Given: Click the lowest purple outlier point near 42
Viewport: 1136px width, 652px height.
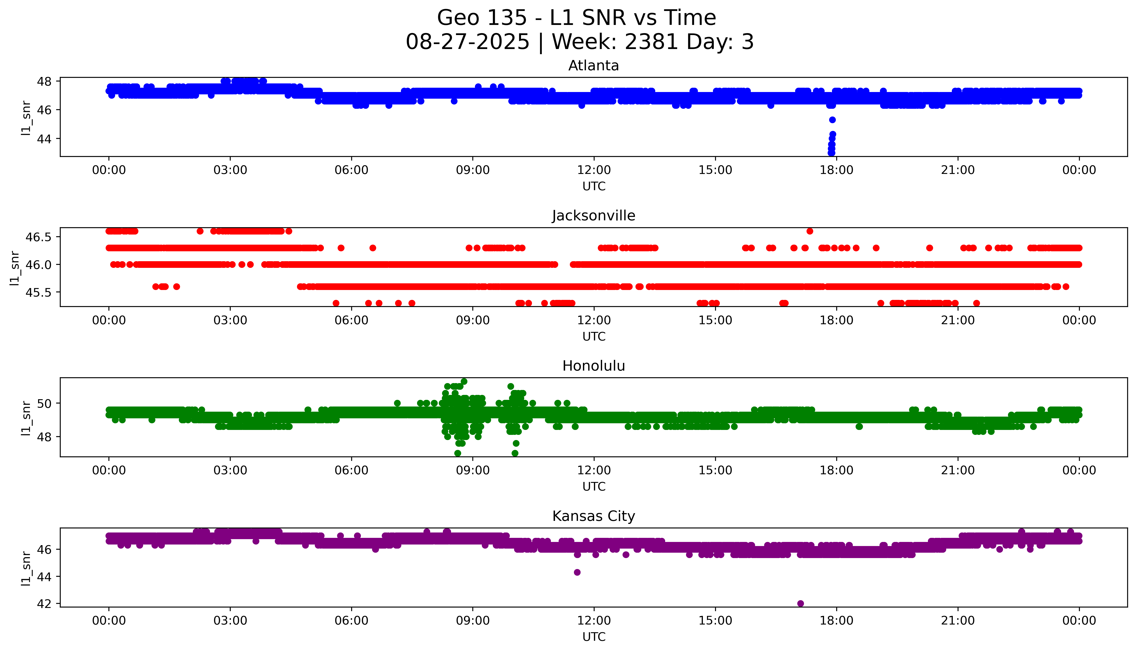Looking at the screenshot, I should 800,603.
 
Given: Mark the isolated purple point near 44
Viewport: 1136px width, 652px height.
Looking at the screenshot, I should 577,572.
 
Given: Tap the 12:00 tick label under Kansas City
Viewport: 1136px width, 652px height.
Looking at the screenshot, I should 594,621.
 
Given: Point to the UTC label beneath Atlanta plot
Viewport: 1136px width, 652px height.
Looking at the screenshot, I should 594,186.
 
